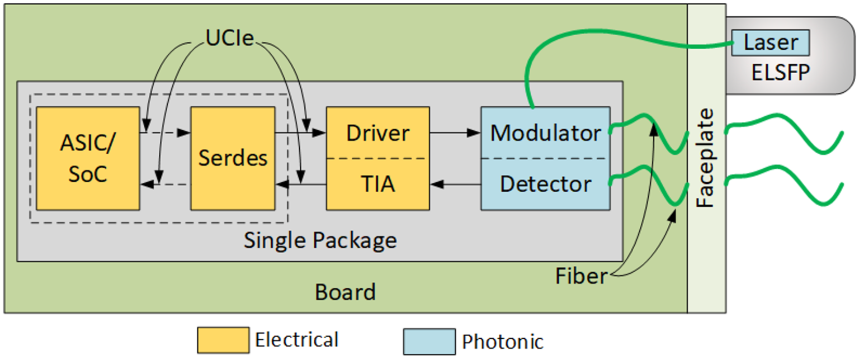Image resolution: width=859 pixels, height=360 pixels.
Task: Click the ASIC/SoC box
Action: click(x=87, y=159)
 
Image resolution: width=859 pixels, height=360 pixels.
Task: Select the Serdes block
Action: click(x=233, y=159)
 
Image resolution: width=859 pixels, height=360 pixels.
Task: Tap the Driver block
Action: click(x=377, y=132)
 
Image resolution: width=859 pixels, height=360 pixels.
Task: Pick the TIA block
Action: click(x=377, y=184)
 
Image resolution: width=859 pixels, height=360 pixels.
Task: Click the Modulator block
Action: click(x=545, y=132)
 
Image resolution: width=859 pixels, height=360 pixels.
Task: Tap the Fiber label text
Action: click(x=581, y=276)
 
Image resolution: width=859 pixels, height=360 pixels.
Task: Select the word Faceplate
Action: click(x=707, y=158)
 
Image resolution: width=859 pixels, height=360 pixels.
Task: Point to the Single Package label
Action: click(x=320, y=240)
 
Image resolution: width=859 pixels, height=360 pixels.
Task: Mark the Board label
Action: click(x=345, y=292)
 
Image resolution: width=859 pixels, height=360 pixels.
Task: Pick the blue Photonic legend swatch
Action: click(x=429, y=341)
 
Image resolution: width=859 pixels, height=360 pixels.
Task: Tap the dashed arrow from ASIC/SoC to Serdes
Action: click(x=165, y=133)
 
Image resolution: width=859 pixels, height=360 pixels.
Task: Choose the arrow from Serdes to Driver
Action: click(x=300, y=133)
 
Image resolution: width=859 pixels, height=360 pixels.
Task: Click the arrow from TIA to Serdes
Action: click(x=300, y=183)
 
